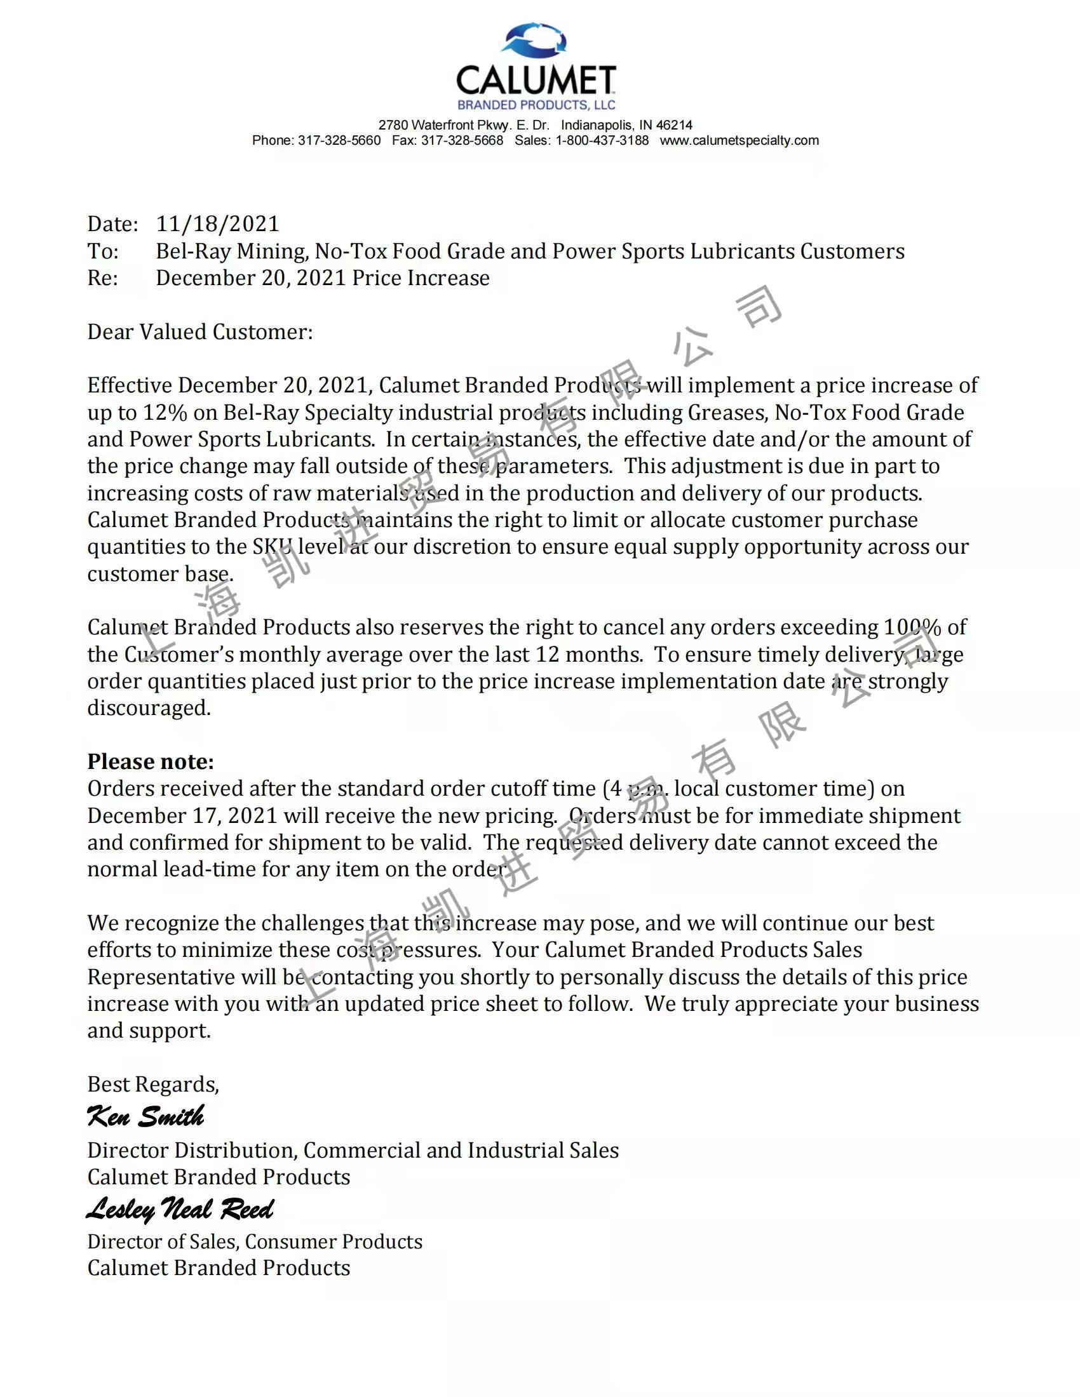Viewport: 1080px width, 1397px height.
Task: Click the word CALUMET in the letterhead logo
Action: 536,81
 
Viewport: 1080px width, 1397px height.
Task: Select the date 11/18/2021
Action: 217,224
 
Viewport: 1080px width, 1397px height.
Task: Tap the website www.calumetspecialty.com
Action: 739,141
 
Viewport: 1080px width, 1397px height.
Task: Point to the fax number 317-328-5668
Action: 462,141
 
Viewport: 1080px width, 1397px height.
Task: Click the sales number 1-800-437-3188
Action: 602,141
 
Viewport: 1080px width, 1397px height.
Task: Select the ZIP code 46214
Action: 674,125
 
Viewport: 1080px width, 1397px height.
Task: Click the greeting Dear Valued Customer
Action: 199,332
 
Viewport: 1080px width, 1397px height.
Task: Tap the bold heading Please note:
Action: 151,762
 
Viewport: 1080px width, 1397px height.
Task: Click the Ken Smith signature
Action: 145,1116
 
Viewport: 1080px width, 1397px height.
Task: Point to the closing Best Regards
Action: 153,1084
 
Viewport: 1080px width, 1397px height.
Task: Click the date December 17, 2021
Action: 182,816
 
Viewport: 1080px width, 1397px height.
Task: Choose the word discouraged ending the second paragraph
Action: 149,708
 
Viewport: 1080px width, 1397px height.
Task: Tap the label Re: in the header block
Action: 102,278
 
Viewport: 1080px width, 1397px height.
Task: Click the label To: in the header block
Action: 103,251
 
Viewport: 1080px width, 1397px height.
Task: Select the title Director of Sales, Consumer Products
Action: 255,1241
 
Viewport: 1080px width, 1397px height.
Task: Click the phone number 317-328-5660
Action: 339,141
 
